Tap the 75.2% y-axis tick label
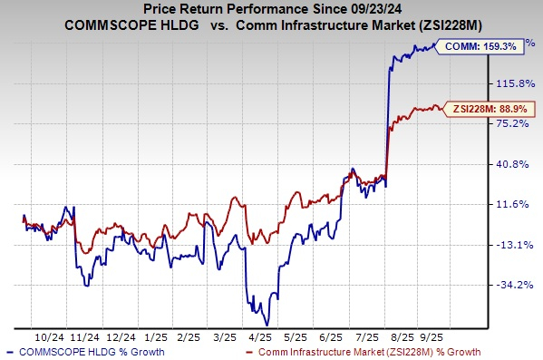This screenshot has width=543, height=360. (507, 124)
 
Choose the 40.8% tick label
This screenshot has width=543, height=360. (507, 164)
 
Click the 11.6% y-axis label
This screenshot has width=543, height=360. (507, 205)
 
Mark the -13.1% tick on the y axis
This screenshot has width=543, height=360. (507, 245)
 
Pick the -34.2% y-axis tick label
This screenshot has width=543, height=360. (507, 285)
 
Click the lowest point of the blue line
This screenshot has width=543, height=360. (267, 324)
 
